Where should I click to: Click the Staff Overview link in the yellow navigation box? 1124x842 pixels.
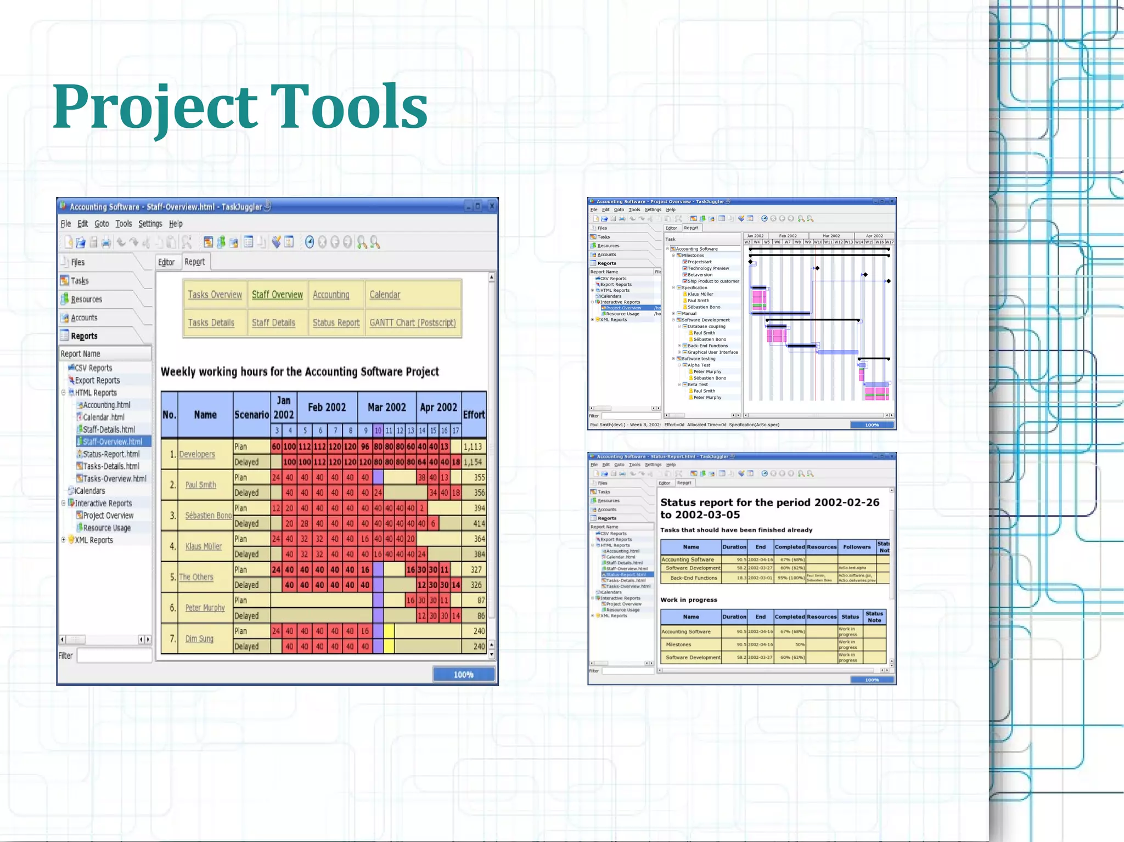(277, 295)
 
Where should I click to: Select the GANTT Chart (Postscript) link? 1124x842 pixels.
(412, 323)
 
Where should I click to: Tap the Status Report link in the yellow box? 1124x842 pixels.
(336, 323)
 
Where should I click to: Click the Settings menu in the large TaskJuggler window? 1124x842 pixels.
(150, 224)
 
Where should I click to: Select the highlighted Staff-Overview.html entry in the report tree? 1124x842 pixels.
(112, 442)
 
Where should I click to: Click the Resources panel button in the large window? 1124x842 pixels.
(86, 299)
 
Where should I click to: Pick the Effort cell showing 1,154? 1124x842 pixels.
(473, 462)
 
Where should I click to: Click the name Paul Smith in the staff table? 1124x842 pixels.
(200, 485)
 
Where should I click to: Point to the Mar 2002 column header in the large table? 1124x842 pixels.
(386, 408)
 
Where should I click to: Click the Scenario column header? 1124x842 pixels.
(251, 415)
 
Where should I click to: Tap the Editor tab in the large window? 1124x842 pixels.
(166, 262)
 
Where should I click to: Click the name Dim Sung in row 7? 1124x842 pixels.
(199, 638)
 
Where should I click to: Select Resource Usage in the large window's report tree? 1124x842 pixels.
(106, 528)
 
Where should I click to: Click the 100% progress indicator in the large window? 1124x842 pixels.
(463, 675)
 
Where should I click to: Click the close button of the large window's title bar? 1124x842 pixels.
(492, 206)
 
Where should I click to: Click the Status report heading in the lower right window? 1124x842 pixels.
(769, 508)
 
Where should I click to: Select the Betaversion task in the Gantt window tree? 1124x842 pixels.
(700, 275)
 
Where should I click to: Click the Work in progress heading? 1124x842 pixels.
(688, 600)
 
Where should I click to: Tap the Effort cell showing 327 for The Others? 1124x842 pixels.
(476, 570)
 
